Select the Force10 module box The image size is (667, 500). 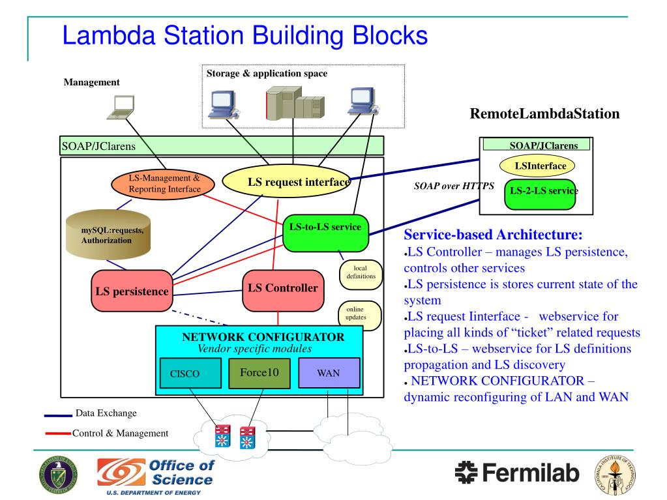point(259,373)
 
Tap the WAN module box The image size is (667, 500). point(328,374)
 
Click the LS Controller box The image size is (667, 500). point(282,289)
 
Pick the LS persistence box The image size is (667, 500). point(132,291)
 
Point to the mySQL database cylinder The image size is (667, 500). point(108,236)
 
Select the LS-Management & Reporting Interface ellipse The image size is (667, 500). point(164,184)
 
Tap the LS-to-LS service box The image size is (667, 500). point(325,233)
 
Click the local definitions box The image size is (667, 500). point(359,272)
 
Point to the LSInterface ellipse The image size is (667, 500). point(537,166)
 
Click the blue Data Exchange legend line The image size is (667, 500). point(57,415)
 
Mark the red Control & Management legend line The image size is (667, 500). point(57,434)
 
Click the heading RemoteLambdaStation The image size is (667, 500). point(544,114)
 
